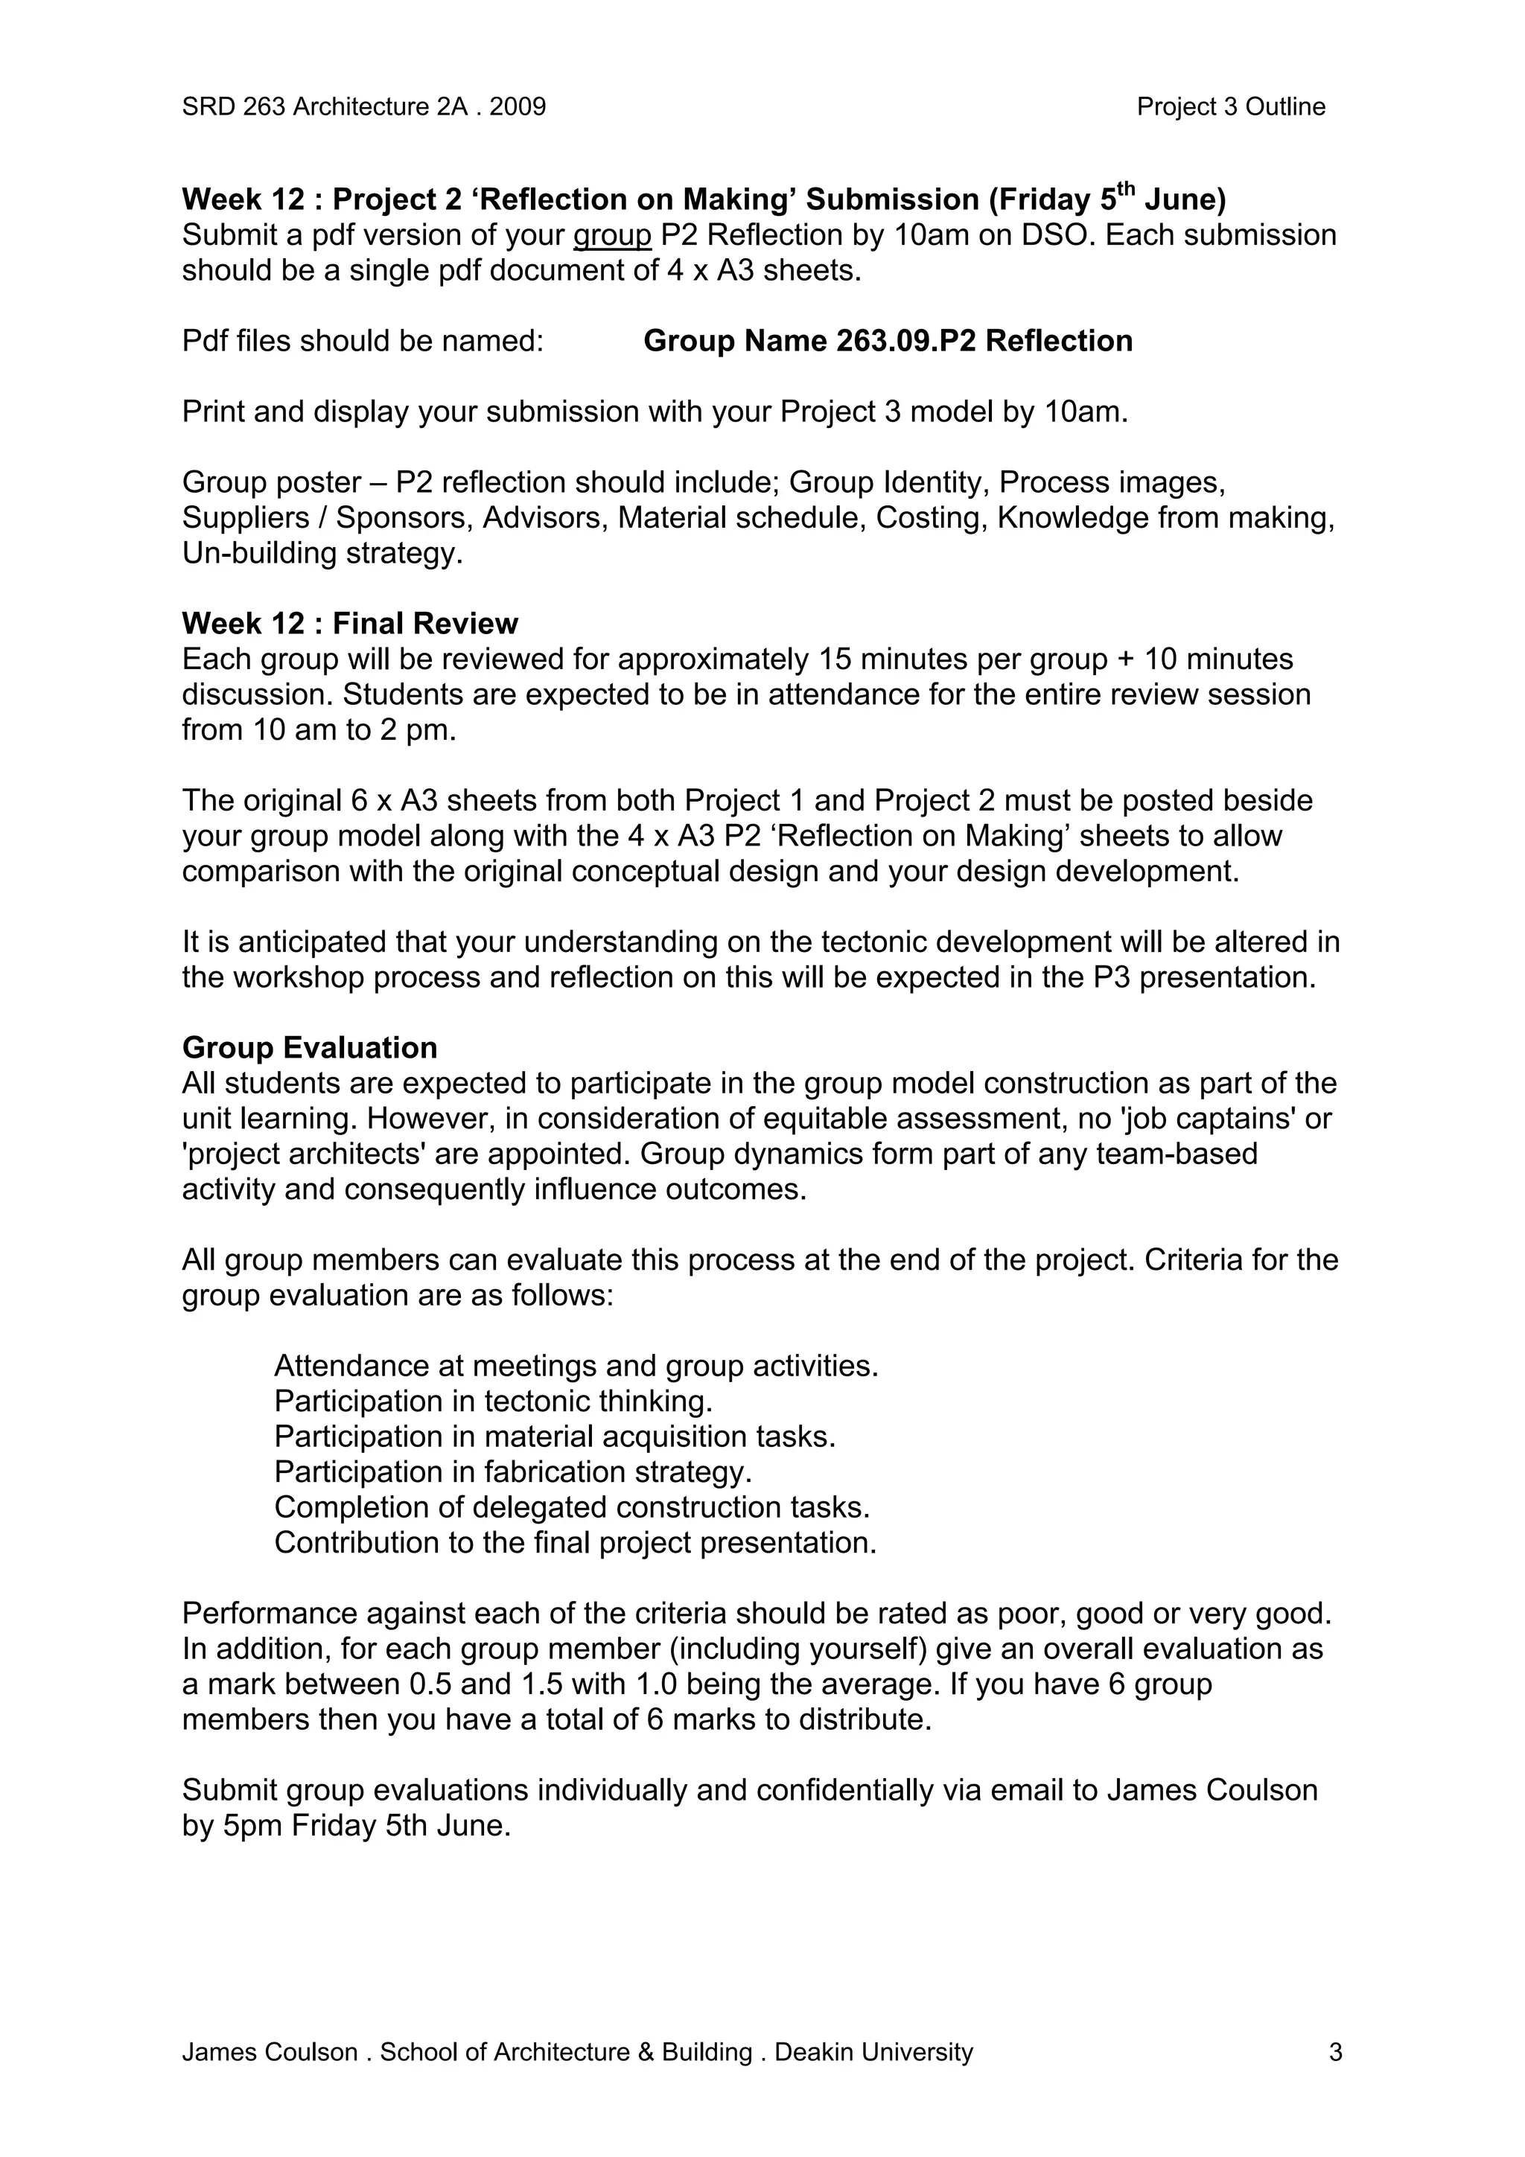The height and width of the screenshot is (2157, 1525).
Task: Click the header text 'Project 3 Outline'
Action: pyautogui.click(x=1230, y=107)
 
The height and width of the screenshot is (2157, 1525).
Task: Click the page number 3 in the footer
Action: pyautogui.click(x=1335, y=2078)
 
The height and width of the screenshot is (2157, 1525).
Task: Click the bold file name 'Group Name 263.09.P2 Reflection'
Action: pyautogui.click(x=887, y=340)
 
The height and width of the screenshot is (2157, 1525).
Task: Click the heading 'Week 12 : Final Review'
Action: pyautogui.click(x=349, y=624)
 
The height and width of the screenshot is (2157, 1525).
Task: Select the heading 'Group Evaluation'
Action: pyautogui.click(x=309, y=1047)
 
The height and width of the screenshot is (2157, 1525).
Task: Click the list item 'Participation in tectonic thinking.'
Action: pyautogui.click(x=493, y=1401)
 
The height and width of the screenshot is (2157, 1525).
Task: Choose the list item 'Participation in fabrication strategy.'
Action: pyautogui.click(x=513, y=1471)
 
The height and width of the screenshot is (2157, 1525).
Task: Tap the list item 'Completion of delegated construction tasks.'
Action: pyautogui.click(x=571, y=1507)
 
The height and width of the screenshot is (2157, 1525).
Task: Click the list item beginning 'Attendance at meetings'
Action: pyautogui.click(x=576, y=1365)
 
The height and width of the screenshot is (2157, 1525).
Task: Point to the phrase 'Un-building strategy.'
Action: pyautogui.click(x=322, y=552)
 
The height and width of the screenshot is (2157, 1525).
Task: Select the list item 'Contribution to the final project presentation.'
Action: pyautogui.click(x=575, y=1543)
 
